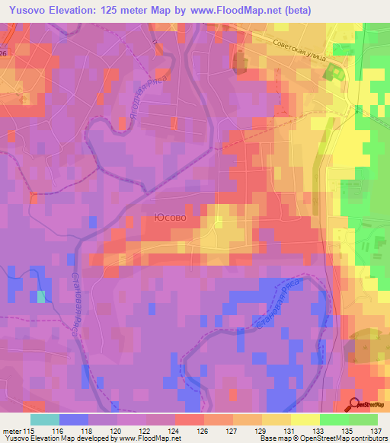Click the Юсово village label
pyautogui.click(x=171, y=218)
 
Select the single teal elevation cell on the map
pyautogui.click(x=40, y=297)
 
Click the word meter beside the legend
pyautogui.click(x=13, y=430)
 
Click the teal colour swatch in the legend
pyautogui.click(x=45, y=419)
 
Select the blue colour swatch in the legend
pyautogui.click(x=74, y=419)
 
